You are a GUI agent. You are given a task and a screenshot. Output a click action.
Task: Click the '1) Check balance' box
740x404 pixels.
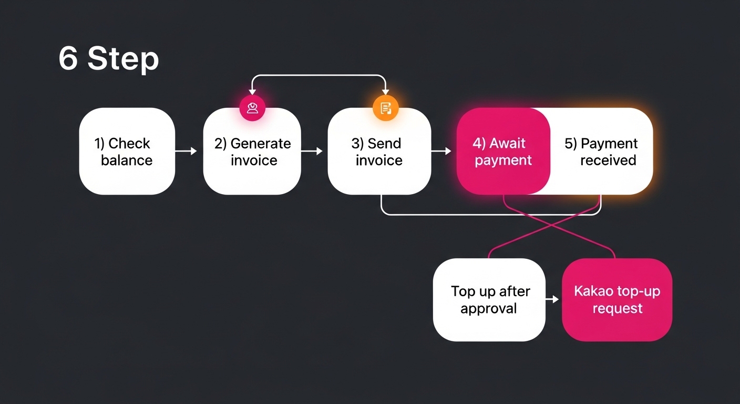coord(127,151)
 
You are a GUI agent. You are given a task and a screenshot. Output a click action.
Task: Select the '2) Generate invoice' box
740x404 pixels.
coord(252,151)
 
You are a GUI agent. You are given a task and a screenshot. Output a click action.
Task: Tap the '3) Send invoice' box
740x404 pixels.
coord(379,151)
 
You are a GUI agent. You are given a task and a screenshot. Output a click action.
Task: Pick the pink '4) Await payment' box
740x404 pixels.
coord(503,151)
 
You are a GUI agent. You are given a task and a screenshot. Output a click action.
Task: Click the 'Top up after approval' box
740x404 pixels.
coord(489,300)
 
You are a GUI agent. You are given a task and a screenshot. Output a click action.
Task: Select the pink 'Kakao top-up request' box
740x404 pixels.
coord(617,300)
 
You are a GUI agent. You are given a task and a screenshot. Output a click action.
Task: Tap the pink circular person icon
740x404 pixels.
coord(252,108)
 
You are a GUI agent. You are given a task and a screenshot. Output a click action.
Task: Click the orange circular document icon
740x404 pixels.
coord(386,108)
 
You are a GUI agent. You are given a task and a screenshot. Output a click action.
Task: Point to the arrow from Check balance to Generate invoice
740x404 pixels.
coord(186,151)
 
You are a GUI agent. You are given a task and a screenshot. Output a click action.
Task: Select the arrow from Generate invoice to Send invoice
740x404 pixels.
coord(312,151)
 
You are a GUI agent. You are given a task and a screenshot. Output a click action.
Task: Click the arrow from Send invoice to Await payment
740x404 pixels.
coord(441,151)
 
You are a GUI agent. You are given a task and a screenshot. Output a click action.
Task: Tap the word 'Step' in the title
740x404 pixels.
coord(123,59)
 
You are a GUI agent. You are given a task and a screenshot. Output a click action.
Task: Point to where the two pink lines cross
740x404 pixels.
coord(551,224)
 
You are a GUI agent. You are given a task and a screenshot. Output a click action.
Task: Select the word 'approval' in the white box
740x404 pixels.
coord(489,308)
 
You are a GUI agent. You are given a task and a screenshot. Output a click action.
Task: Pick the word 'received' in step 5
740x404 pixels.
coord(608,160)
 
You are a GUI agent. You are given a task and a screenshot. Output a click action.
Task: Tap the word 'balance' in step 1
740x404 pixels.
coord(127,160)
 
